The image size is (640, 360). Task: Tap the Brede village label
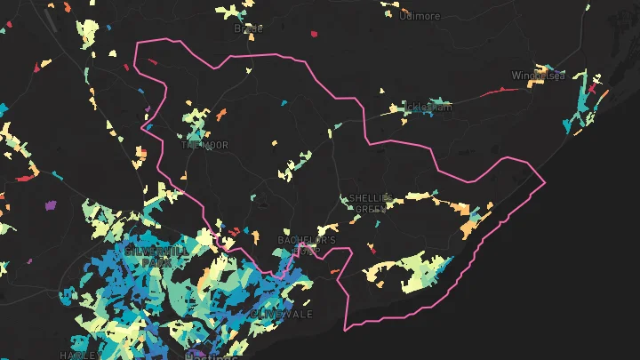(248, 28)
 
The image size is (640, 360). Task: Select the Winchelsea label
(532, 76)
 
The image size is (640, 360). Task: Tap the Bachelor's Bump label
(307, 245)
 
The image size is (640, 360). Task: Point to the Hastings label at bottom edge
(210, 356)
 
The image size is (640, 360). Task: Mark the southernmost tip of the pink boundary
(348, 329)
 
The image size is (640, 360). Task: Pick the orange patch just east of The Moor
(221, 114)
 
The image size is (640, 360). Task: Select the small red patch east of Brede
(314, 35)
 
